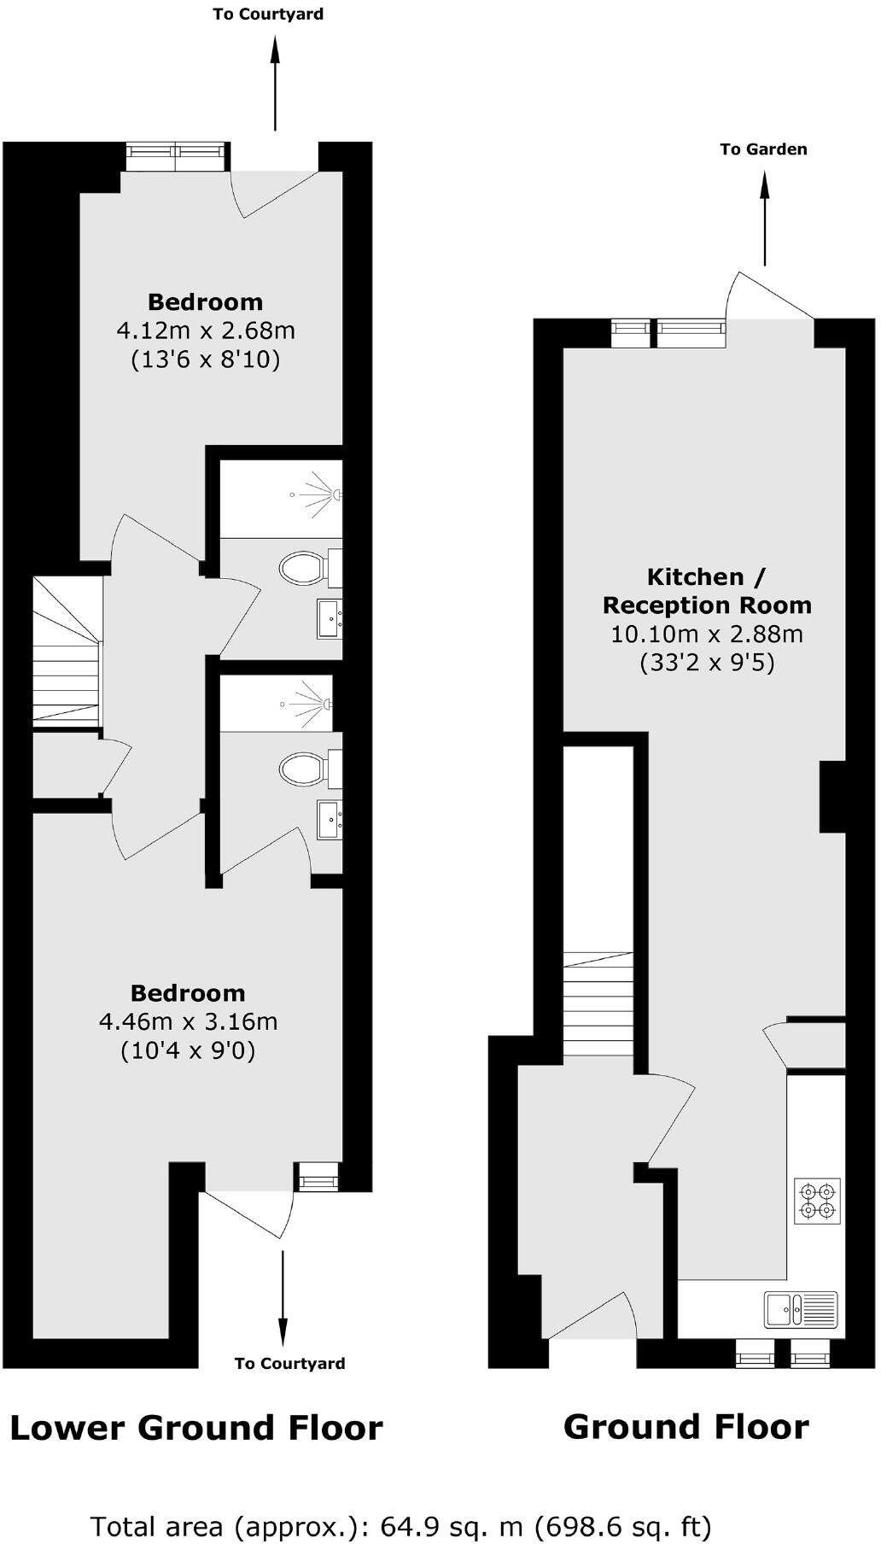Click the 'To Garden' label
point(763,149)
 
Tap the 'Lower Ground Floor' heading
point(196,1427)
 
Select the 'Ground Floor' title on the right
point(686,1426)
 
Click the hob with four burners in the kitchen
point(817,1200)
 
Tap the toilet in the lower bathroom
point(303,769)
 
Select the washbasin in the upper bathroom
point(330,618)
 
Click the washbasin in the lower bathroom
point(330,820)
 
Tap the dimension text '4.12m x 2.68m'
point(206,330)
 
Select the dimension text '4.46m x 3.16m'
point(189,1021)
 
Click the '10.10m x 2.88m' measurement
point(707,635)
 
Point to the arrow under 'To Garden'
point(764,218)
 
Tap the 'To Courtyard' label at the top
point(268,15)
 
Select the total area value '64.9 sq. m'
point(451,1526)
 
